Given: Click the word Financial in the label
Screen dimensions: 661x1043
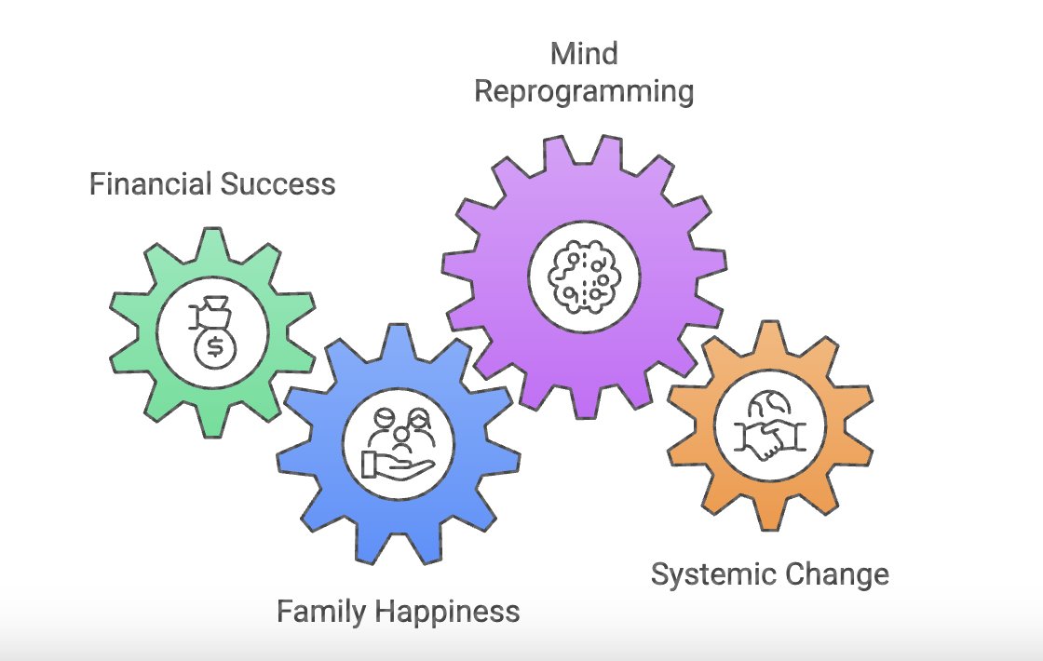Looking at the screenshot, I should tap(149, 184).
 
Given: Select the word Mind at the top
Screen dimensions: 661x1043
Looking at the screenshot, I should tap(584, 54).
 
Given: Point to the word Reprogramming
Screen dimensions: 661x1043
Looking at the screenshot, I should tap(584, 93).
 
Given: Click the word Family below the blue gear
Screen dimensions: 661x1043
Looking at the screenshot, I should tap(321, 612).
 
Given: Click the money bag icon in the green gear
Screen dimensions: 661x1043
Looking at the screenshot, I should tap(213, 330).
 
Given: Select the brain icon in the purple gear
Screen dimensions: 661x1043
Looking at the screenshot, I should tap(584, 274).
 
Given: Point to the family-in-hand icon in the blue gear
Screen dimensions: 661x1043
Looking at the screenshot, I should tap(399, 441).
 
